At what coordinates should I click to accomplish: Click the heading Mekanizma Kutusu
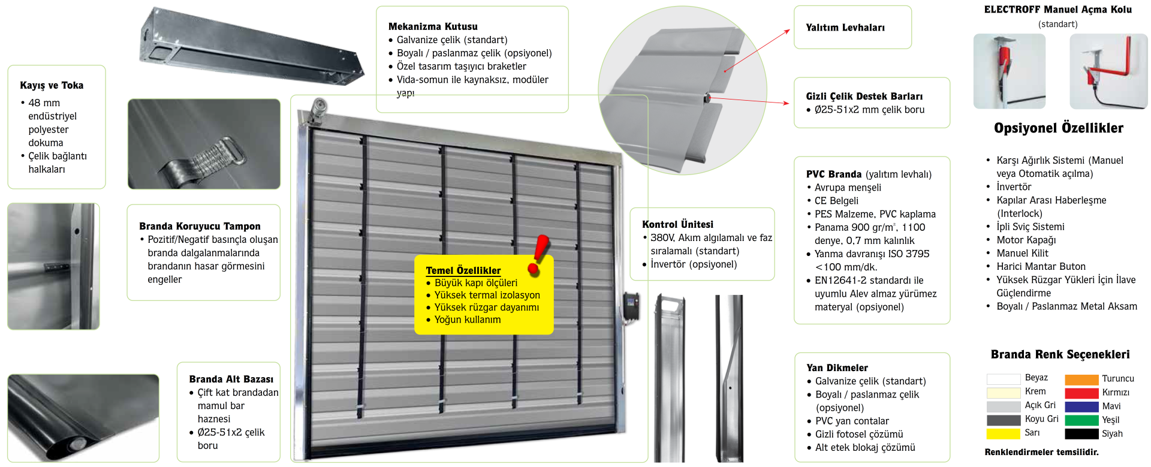433,26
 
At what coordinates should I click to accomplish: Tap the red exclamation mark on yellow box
539,255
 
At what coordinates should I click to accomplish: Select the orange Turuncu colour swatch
1081,379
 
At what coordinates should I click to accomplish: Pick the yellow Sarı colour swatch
1003,433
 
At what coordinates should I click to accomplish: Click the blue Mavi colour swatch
1081,406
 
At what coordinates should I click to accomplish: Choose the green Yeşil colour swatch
1081,420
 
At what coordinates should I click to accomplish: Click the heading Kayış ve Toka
52,85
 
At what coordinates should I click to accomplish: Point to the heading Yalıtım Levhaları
845,28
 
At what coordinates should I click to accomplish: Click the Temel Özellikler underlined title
463,270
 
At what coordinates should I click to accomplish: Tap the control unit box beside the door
631,306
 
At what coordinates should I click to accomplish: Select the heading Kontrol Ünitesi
677,224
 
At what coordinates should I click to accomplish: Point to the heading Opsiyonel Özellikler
1058,128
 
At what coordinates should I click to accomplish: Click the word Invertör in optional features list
1014,187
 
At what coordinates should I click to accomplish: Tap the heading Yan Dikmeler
837,367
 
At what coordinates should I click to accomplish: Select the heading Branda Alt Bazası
231,379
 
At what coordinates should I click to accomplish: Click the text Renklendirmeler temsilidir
1041,452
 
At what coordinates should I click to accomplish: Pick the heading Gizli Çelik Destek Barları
864,96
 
